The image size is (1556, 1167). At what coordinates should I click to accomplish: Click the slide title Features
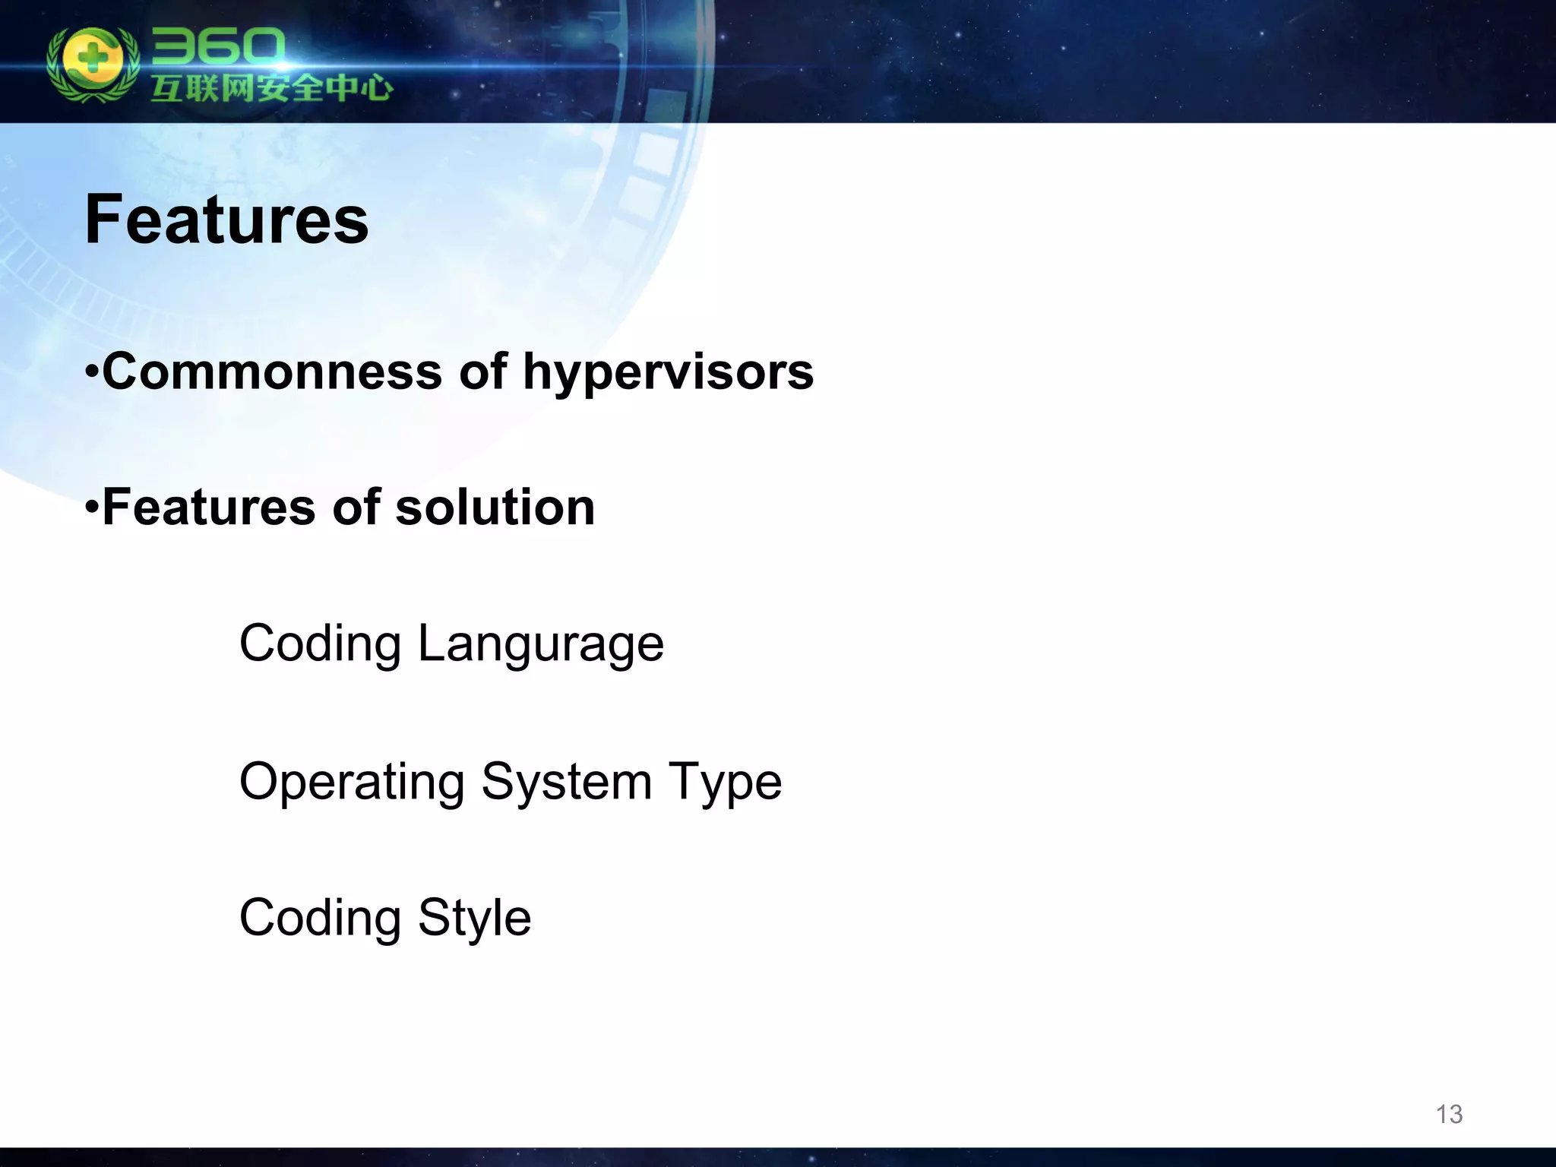[x=226, y=220]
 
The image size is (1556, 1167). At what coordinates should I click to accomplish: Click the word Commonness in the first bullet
[x=272, y=372]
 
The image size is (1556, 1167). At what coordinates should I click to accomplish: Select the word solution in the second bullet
[x=495, y=508]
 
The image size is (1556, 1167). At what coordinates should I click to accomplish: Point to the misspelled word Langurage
[x=540, y=644]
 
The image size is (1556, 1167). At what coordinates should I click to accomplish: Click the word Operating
[x=352, y=783]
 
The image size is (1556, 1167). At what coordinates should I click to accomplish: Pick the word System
[x=567, y=783]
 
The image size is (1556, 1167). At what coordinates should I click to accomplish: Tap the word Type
[x=725, y=783]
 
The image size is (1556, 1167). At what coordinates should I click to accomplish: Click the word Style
[x=474, y=918]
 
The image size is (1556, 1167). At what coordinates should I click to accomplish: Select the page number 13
[x=1448, y=1114]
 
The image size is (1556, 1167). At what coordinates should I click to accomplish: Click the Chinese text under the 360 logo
[x=271, y=88]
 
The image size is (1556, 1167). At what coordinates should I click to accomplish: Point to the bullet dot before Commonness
[x=91, y=373]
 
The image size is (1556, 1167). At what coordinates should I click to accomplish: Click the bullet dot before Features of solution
[x=91, y=507]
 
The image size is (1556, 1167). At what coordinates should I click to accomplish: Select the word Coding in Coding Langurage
[x=320, y=644]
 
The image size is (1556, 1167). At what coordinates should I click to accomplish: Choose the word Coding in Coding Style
[x=320, y=918]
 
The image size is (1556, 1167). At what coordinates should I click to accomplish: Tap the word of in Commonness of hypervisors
[x=482, y=372]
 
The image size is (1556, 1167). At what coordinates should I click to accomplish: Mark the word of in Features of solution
[x=356, y=508]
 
